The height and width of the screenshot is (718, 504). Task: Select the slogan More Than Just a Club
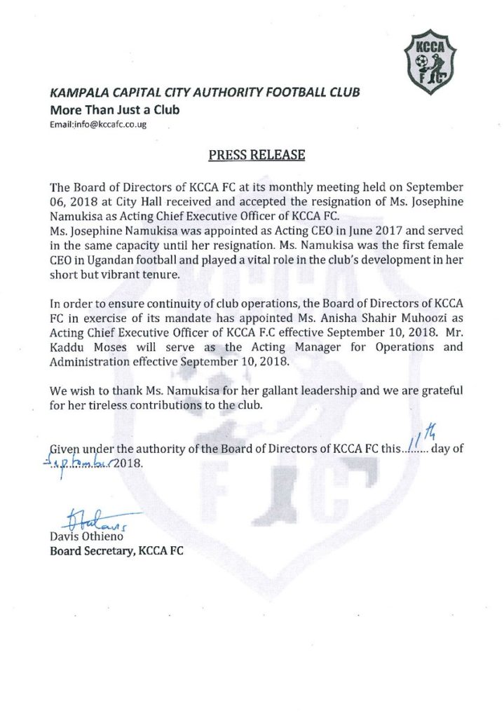[114, 109]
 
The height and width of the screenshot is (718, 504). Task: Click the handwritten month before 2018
[76, 463]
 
